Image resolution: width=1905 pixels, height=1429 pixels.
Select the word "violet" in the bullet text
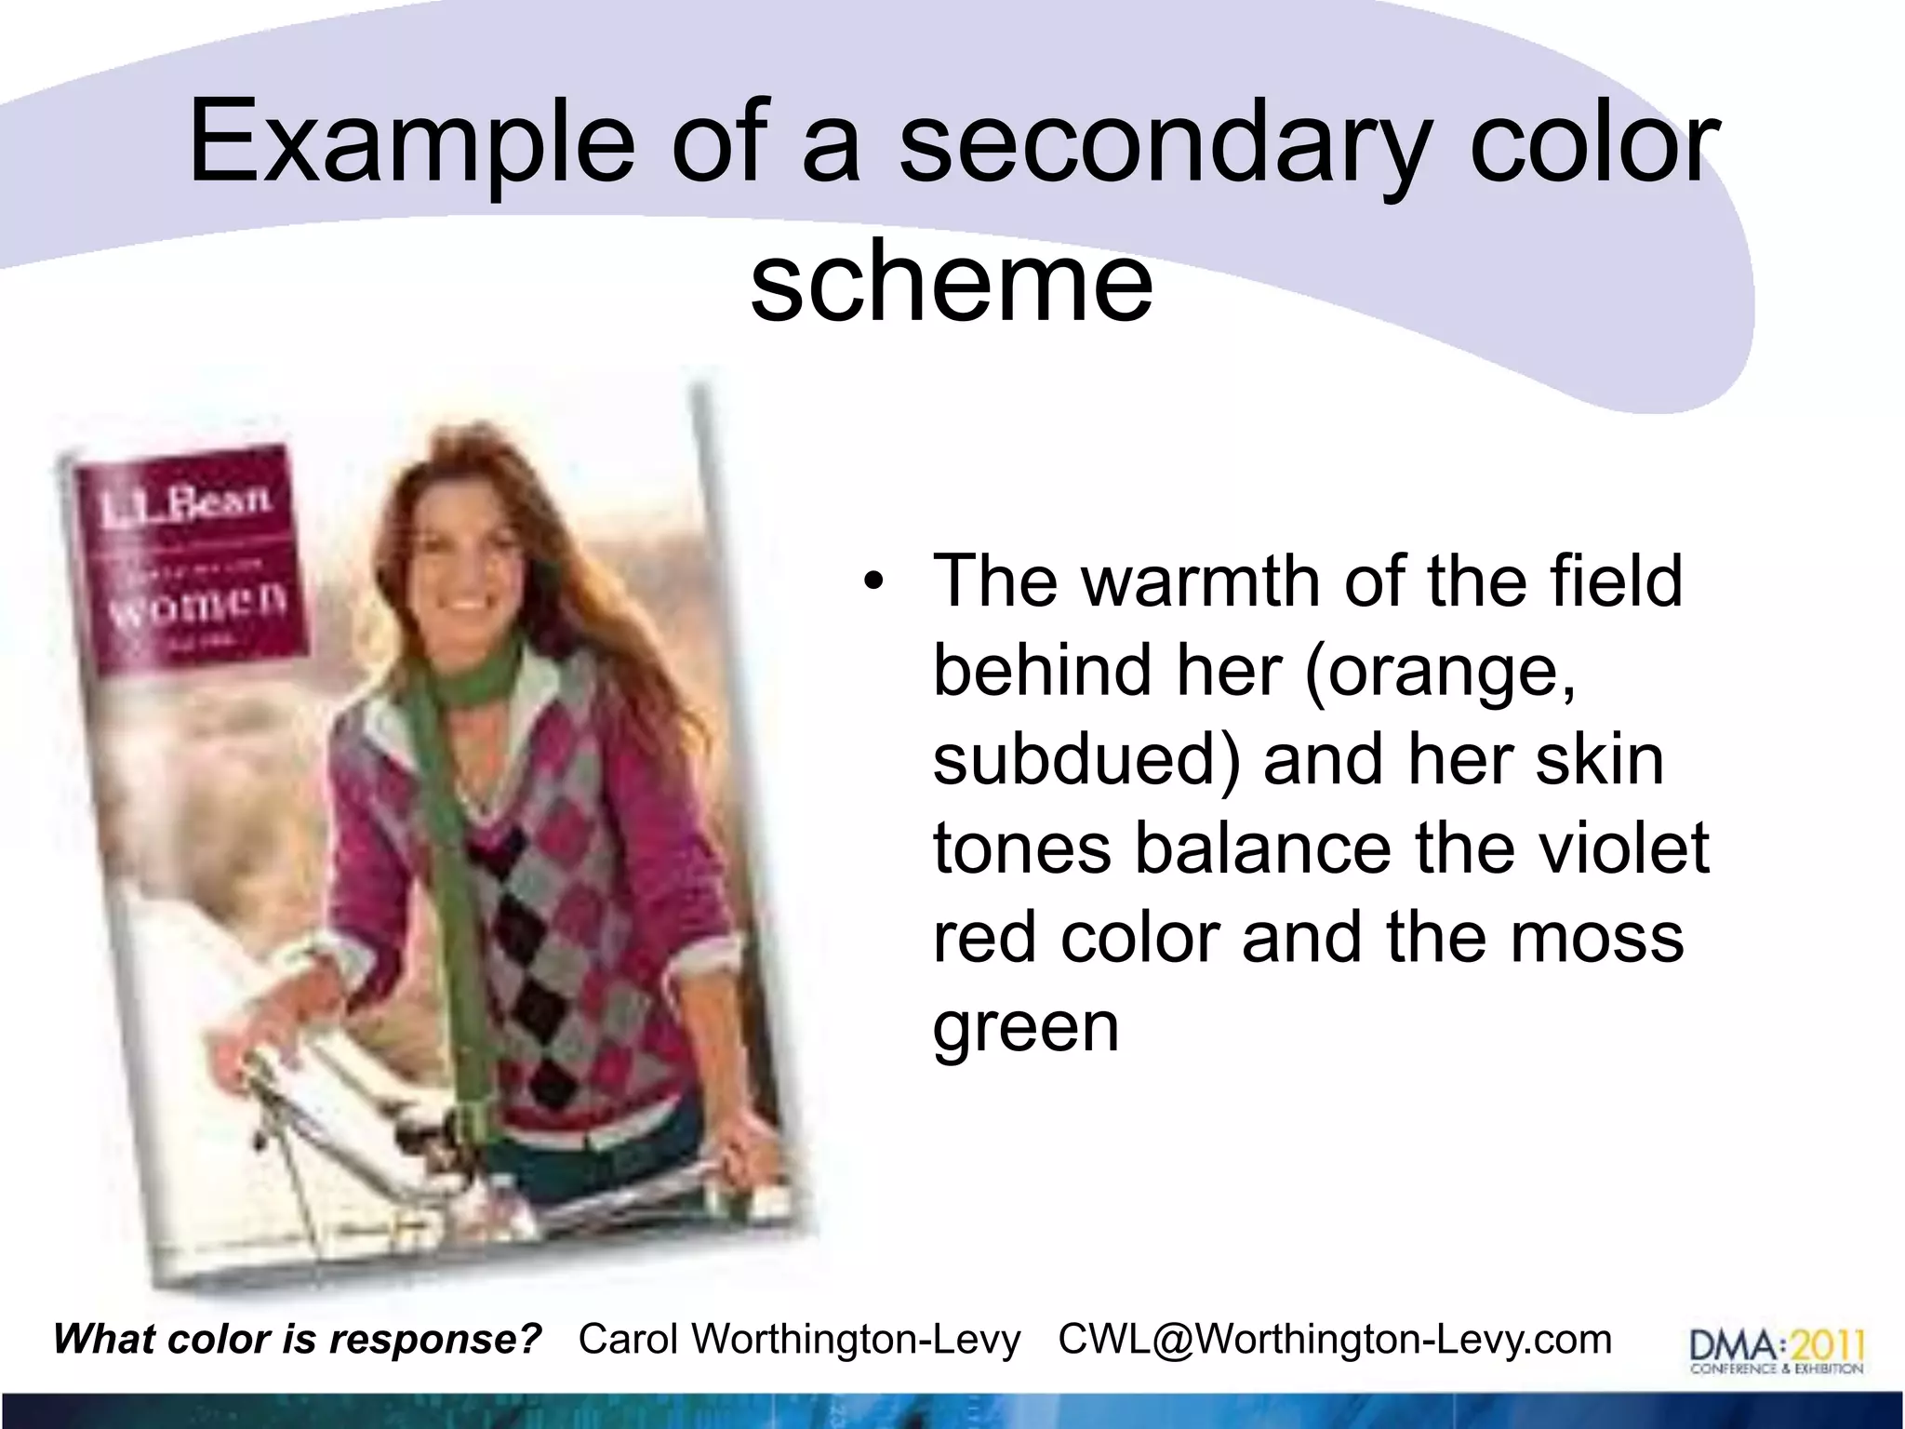[1614, 848]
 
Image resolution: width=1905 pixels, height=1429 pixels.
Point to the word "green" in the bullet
[1025, 1027]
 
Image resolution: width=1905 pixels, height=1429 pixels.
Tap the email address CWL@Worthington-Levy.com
[1335, 1340]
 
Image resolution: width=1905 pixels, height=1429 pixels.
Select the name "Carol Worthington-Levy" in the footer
[799, 1340]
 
